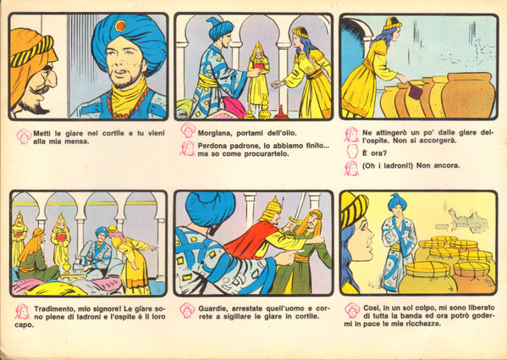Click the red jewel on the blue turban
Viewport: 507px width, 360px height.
pyautogui.click(x=120, y=26)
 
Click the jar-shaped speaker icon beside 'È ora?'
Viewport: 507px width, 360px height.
pyautogui.click(x=352, y=152)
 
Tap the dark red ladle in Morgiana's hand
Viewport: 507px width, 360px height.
pyautogui.click(x=415, y=91)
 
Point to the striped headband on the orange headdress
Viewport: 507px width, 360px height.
pyautogui.click(x=31, y=52)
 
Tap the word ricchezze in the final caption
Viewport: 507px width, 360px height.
pyautogui.click(x=416, y=324)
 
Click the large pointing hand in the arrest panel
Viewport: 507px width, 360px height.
pyautogui.click(x=289, y=258)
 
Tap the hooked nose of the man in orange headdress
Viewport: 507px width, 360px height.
pyautogui.click(x=51, y=79)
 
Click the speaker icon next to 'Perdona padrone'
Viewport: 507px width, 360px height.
pyautogui.click(x=188, y=148)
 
